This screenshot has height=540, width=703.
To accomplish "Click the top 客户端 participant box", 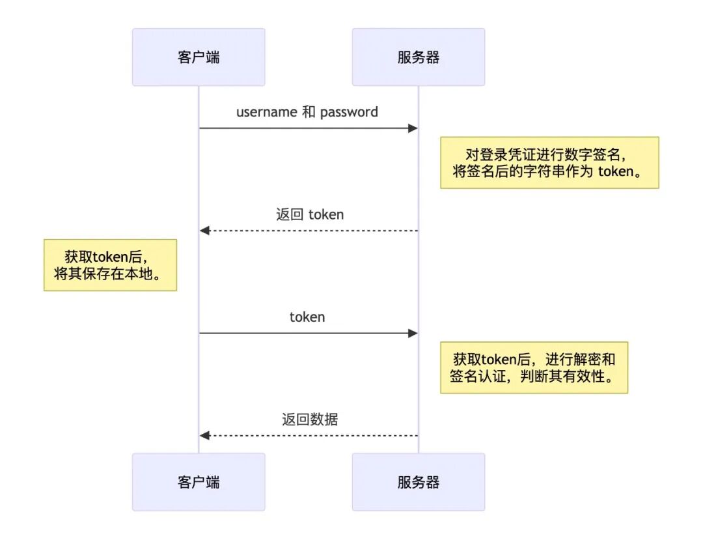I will (x=199, y=57).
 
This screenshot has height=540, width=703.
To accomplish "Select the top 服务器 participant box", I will (x=419, y=57).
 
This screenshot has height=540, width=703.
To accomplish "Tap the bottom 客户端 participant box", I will (x=199, y=482).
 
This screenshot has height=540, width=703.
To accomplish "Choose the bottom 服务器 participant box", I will (x=419, y=482).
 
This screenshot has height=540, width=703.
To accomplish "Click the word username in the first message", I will (x=266, y=112).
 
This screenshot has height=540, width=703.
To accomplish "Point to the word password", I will (x=349, y=112).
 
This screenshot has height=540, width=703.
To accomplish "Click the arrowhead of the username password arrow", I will (x=413, y=128).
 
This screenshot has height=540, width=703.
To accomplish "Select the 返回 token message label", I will (x=309, y=214).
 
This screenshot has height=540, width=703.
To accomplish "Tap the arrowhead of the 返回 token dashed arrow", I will (x=204, y=231).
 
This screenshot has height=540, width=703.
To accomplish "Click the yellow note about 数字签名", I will (x=549, y=163).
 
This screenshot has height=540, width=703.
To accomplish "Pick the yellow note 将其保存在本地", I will (x=110, y=264).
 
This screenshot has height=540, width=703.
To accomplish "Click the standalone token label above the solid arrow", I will (x=307, y=317).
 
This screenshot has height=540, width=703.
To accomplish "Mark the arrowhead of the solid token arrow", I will (x=413, y=334).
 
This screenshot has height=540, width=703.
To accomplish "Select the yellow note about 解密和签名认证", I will (x=534, y=367).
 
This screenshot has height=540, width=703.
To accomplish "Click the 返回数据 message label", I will (x=309, y=419).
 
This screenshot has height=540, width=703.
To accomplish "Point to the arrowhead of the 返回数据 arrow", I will (x=204, y=435).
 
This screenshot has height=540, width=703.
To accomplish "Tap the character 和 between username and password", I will (x=309, y=112).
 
